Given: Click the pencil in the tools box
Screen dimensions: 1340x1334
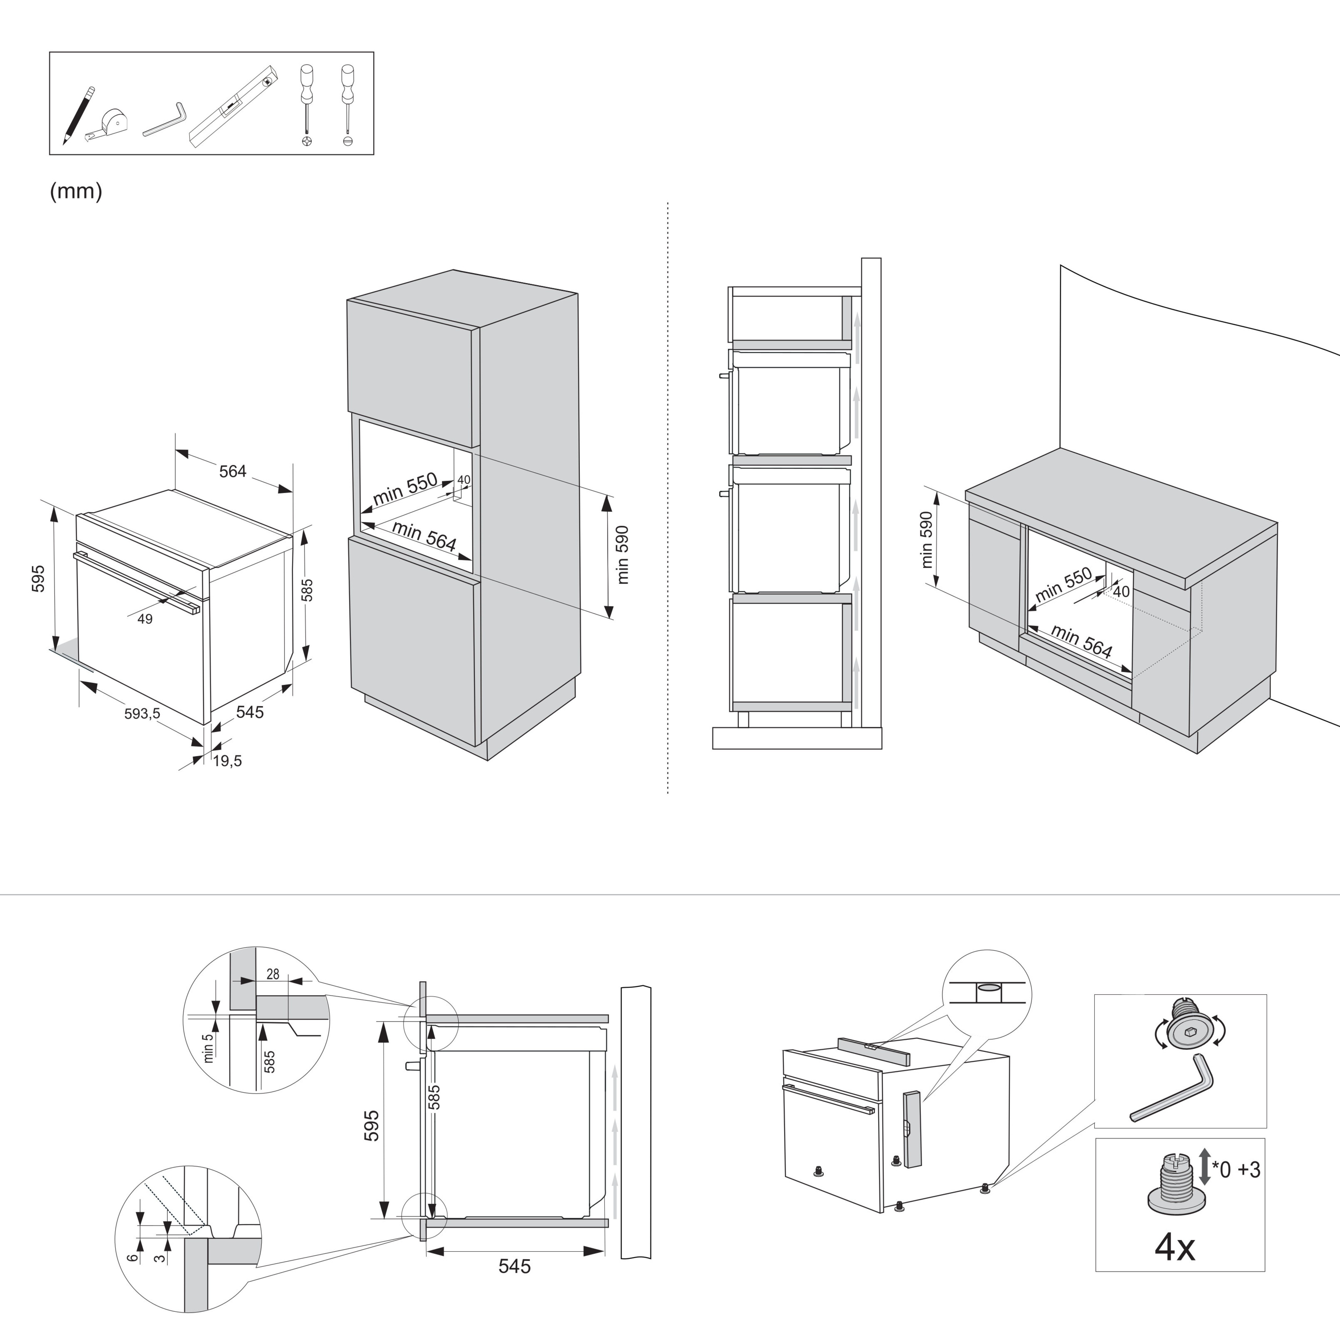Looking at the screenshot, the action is click(x=78, y=115).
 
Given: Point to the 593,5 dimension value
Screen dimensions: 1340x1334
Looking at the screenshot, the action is click(x=142, y=713).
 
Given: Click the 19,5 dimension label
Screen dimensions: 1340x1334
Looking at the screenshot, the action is click(x=228, y=761).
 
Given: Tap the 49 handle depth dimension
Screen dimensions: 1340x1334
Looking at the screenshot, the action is click(x=145, y=619).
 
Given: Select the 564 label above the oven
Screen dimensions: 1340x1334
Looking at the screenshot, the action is click(x=233, y=472).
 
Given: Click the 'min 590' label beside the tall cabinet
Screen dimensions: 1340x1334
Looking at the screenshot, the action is click(x=622, y=555).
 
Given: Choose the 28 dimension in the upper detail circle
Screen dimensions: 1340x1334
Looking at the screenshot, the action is click(x=272, y=974).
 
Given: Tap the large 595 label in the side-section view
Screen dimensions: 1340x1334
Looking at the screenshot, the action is click(x=372, y=1125).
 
